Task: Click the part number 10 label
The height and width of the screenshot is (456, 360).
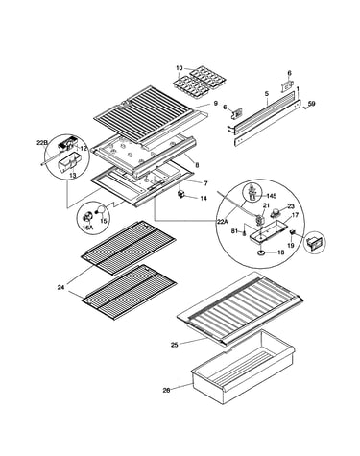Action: coord(180,68)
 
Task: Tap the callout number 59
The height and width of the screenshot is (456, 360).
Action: coord(312,104)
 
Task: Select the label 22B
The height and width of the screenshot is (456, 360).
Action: coord(42,143)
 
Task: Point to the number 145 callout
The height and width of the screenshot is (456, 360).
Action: coord(273,196)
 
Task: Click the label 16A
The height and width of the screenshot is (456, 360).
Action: coord(87,228)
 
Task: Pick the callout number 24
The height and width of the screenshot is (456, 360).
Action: coord(60,288)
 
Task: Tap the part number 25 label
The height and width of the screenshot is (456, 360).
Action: coord(175,345)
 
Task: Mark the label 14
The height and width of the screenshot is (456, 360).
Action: coord(204,199)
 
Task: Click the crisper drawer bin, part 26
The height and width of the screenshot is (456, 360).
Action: coord(243,368)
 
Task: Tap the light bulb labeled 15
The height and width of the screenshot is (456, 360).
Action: coord(101,210)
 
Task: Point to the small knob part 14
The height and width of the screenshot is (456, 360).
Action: coord(182,195)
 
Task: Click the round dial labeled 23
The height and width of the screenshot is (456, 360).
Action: coord(275,212)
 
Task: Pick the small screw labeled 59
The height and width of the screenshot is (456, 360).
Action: coord(304,108)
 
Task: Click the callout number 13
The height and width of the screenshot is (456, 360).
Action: coord(73,176)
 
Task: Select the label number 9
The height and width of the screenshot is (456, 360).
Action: coord(216,104)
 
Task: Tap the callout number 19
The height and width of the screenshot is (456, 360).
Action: coord(290,246)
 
